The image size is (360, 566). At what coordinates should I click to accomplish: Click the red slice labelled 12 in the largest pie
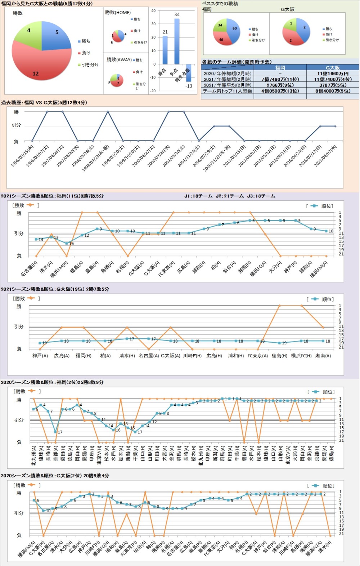pyautogui.click(x=40, y=68)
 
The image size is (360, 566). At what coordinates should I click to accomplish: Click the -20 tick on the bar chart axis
pyautogui.click(x=153, y=91)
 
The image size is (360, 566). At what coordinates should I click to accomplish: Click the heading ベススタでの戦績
pyautogui.click(x=220, y=4)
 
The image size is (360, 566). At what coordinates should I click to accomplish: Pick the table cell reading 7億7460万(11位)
pyautogui.click(x=280, y=79)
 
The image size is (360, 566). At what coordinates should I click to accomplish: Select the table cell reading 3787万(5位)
pyautogui.click(x=333, y=85)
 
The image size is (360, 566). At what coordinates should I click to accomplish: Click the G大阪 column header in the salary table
pyautogui.click(x=333, y=68)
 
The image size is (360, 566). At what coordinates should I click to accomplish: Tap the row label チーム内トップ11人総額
pyautogui.click(x=228, y=91)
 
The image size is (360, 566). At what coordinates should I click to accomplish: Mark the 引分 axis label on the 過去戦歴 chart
pyautogui.click(x=16, y=125)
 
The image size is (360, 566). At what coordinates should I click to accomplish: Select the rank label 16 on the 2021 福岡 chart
pyautogui.click(x=71, y=244)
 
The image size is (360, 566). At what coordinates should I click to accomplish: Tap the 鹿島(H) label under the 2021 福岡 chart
pyautogui.click(x=92, y=267)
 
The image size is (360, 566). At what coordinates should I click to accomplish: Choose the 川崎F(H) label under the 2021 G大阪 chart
pyautogui.click(x=192, y=356)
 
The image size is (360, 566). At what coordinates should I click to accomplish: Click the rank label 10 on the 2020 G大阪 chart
pyautogui.click(x=48, y=511)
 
